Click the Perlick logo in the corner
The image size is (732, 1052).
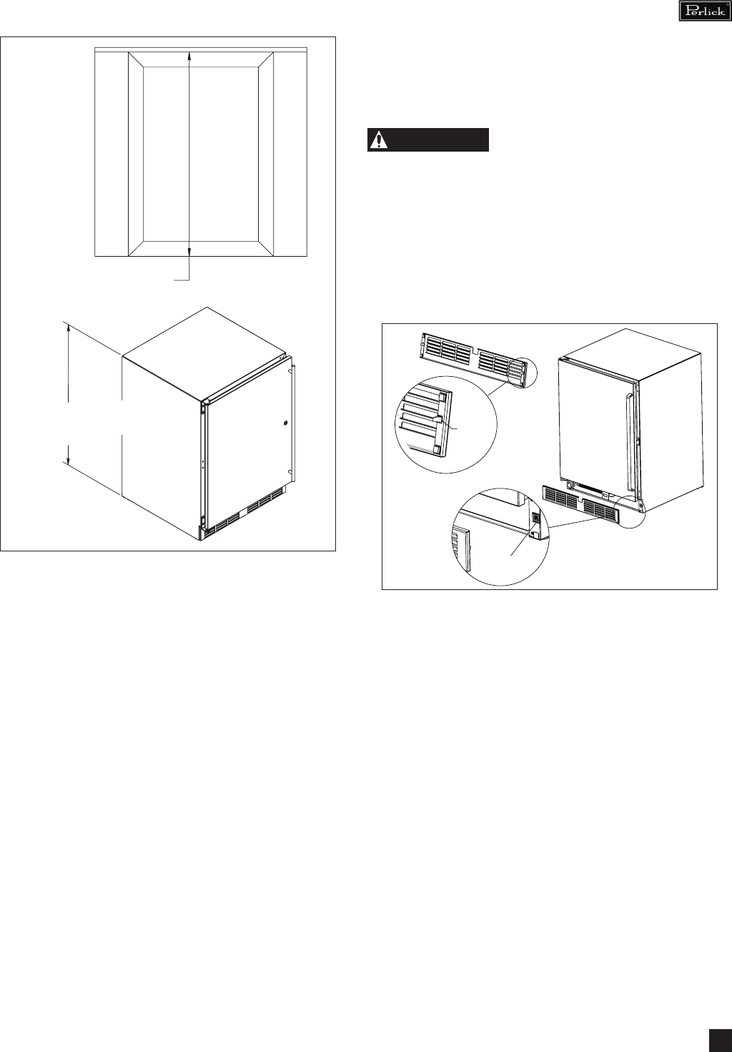point(705,11)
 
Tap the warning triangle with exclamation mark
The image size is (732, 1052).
point(378,140)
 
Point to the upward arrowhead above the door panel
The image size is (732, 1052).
point(189,55)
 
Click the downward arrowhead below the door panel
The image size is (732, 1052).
point(189,252)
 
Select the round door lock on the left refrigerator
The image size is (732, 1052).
point(286,423)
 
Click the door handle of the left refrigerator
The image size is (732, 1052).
point(293,422)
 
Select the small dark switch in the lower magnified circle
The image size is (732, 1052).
point(535,518)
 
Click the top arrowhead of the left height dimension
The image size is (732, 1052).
point(69,329)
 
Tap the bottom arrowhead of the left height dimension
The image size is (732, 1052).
point(69,458)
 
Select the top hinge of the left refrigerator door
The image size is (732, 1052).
point(202,408)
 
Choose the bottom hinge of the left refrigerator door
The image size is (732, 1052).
point(202,521)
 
